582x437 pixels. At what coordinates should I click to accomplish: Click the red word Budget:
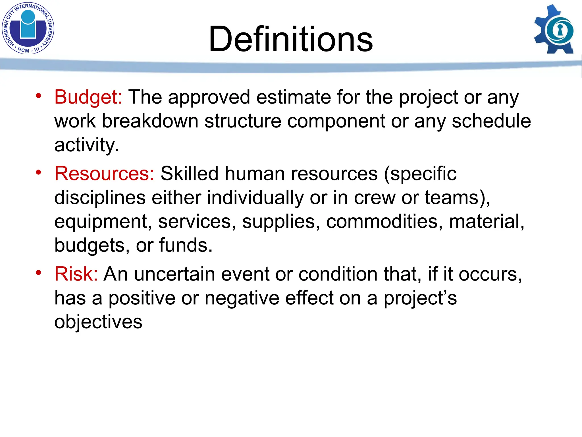click(x=88, y=97)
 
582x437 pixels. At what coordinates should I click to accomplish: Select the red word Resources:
click(x=104, y=174)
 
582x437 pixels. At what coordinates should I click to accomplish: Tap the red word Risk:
click(x=76, y=274)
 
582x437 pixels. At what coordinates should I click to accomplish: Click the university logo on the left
click(x=28, y=28)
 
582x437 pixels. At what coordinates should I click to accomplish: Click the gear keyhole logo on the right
click(x=554, y=30)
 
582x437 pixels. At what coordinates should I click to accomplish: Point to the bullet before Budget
click(x=38, y=96)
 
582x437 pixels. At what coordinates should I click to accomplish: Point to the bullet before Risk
click(x=38, y=273)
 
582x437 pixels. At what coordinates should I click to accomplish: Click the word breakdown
click(x=150, y=121)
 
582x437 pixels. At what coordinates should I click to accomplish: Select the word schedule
click(x=491, y=121)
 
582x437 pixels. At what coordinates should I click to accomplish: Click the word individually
click(x=255, y=197)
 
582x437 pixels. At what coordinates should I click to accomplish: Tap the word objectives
click(x=98, y=322)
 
